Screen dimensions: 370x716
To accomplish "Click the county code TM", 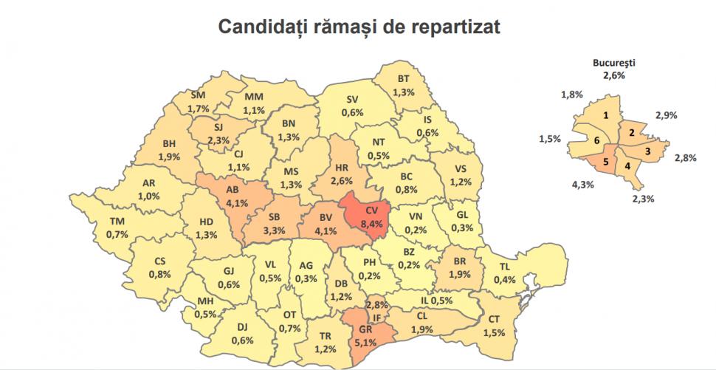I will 117,222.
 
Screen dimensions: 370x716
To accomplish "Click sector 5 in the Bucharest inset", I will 606,162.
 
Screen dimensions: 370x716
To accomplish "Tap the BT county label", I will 403,80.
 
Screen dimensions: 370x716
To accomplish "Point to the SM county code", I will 198,95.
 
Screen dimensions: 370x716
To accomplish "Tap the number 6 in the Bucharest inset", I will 596,139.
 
